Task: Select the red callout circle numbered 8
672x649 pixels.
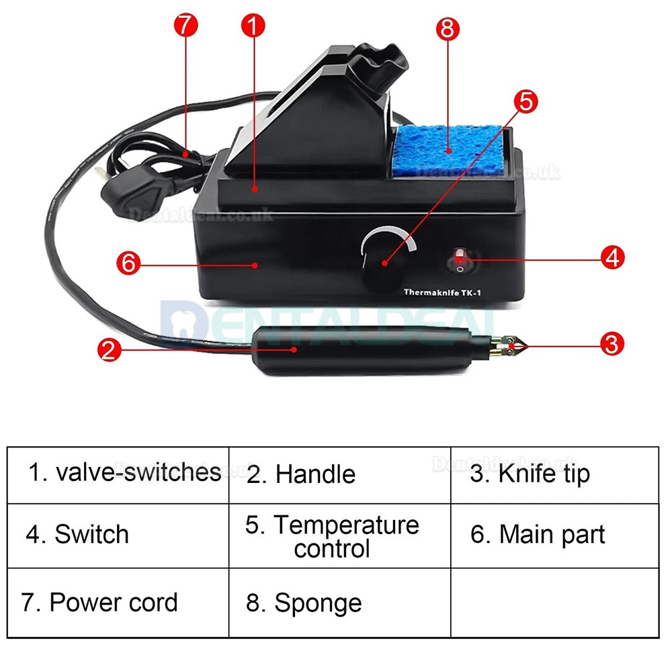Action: [x=447, y=30]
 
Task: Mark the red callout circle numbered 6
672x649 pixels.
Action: [x=129, y=263]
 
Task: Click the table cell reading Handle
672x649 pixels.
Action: [x=339, y=474]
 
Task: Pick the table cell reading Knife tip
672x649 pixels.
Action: [x=554, y=474]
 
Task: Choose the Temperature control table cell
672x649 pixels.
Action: [x=339, y=536]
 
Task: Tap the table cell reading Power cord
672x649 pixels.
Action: [x=118, y=603]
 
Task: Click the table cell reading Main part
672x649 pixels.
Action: [x=554, y=535]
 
